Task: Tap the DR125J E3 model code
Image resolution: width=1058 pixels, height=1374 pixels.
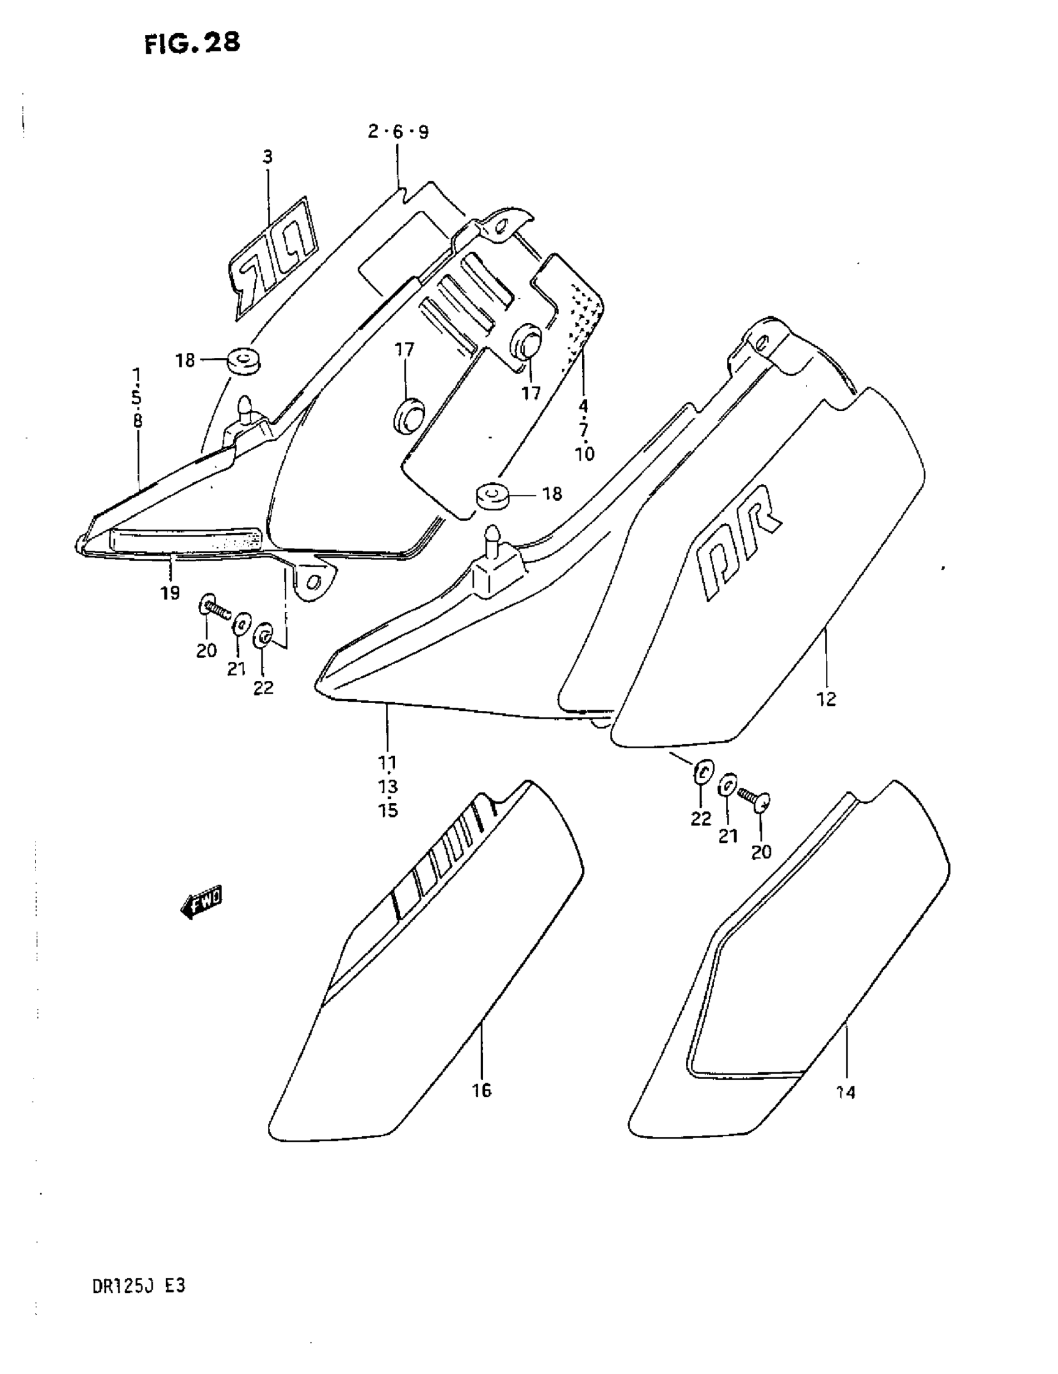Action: click(138, 1287)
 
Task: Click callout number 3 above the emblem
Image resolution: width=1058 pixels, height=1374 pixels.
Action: click(268, 158)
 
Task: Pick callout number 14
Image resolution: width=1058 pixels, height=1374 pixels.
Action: click(846, 1093)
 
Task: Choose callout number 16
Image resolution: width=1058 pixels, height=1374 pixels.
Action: click(482, 1090)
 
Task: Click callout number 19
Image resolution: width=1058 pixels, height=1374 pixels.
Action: click(170, 593)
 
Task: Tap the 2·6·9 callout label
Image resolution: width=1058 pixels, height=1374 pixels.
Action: click(398, 132)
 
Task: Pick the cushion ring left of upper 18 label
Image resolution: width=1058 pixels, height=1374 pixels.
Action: click(243, 362)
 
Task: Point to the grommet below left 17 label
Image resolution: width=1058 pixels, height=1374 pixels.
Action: click(409, 415)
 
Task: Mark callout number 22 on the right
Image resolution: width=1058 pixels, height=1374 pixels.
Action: click(701, 819)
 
